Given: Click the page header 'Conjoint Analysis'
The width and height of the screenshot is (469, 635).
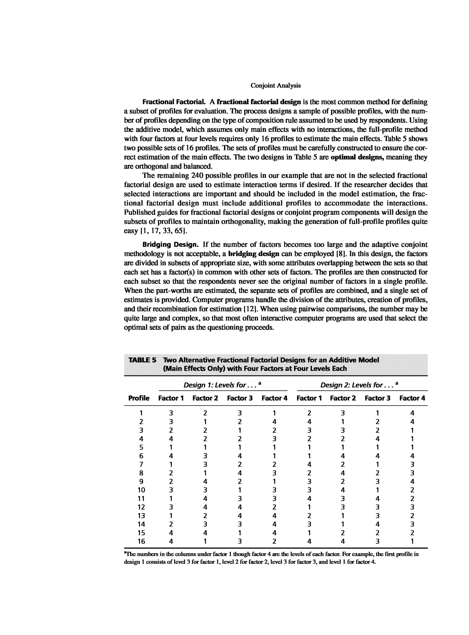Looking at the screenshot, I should tap(275, 85).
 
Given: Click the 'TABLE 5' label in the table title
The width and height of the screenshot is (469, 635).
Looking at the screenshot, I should tap(142, 360).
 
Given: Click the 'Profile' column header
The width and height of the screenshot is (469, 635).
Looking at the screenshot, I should tap(139, 398).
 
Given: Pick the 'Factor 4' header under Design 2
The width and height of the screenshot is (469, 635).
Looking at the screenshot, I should tap(412, 398).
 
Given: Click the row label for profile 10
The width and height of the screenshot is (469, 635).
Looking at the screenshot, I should tap(141, 490).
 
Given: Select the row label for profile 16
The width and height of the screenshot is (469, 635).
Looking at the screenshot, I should tap(141, 541).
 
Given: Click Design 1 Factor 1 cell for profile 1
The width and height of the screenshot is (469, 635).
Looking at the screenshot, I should tap(171, 413).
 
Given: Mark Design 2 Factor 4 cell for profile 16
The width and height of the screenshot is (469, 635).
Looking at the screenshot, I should tap(412, 541).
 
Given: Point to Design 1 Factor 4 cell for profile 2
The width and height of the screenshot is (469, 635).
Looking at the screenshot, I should tap(274, 421).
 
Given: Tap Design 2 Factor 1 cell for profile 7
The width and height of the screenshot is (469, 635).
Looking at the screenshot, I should tap(309, 464).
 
